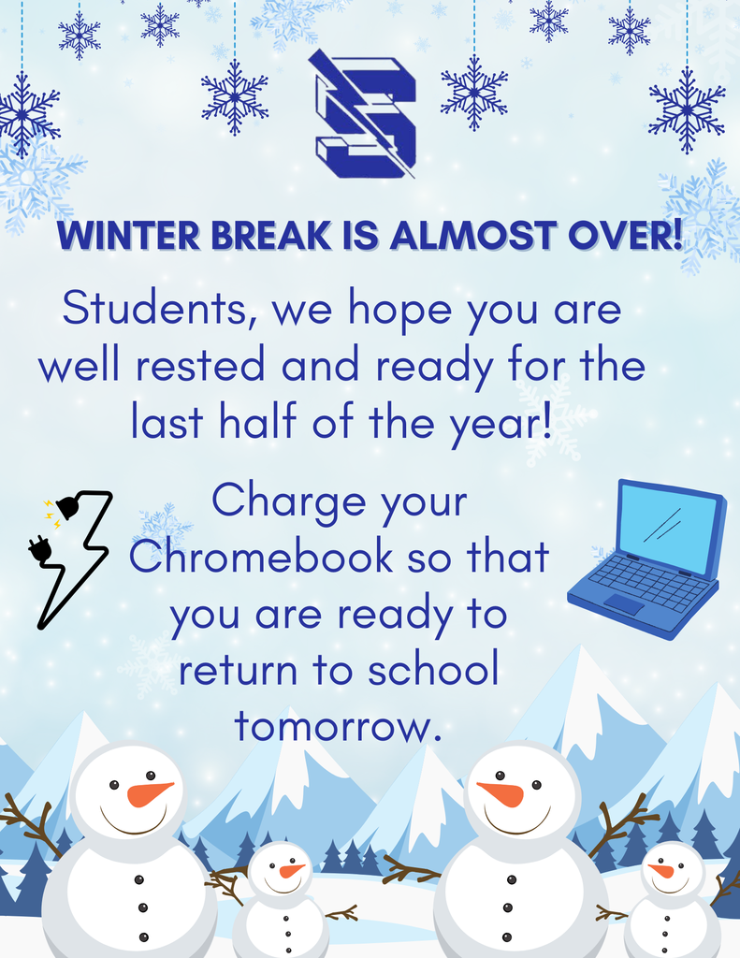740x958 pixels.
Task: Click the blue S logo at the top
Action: [x=363, y=113]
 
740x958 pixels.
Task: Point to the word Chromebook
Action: [x=260, y=559]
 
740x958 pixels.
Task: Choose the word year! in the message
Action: [x=501, y=421]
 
